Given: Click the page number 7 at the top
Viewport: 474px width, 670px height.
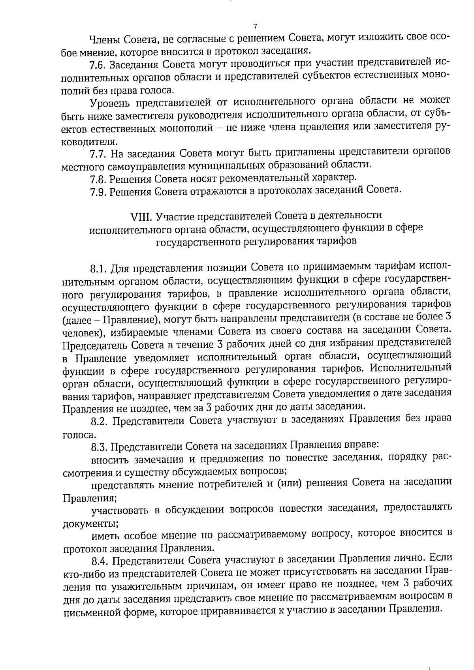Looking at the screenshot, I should click(x=255, y=27).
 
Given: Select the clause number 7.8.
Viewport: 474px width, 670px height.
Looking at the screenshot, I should click(x=98, y=179).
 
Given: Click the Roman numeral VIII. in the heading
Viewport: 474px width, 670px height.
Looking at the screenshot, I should click(x=141, y=216).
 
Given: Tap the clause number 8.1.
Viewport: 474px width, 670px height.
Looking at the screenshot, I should click(x=99, y=268).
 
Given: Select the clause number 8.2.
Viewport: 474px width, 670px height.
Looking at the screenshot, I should click(x=100, y=421).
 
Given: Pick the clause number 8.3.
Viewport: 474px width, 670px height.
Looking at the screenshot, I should click(x=100, y=447).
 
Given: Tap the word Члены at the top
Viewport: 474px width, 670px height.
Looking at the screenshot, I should click(x=104, y=39).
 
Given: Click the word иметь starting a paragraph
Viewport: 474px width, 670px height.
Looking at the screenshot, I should click(x=105, y=535).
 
